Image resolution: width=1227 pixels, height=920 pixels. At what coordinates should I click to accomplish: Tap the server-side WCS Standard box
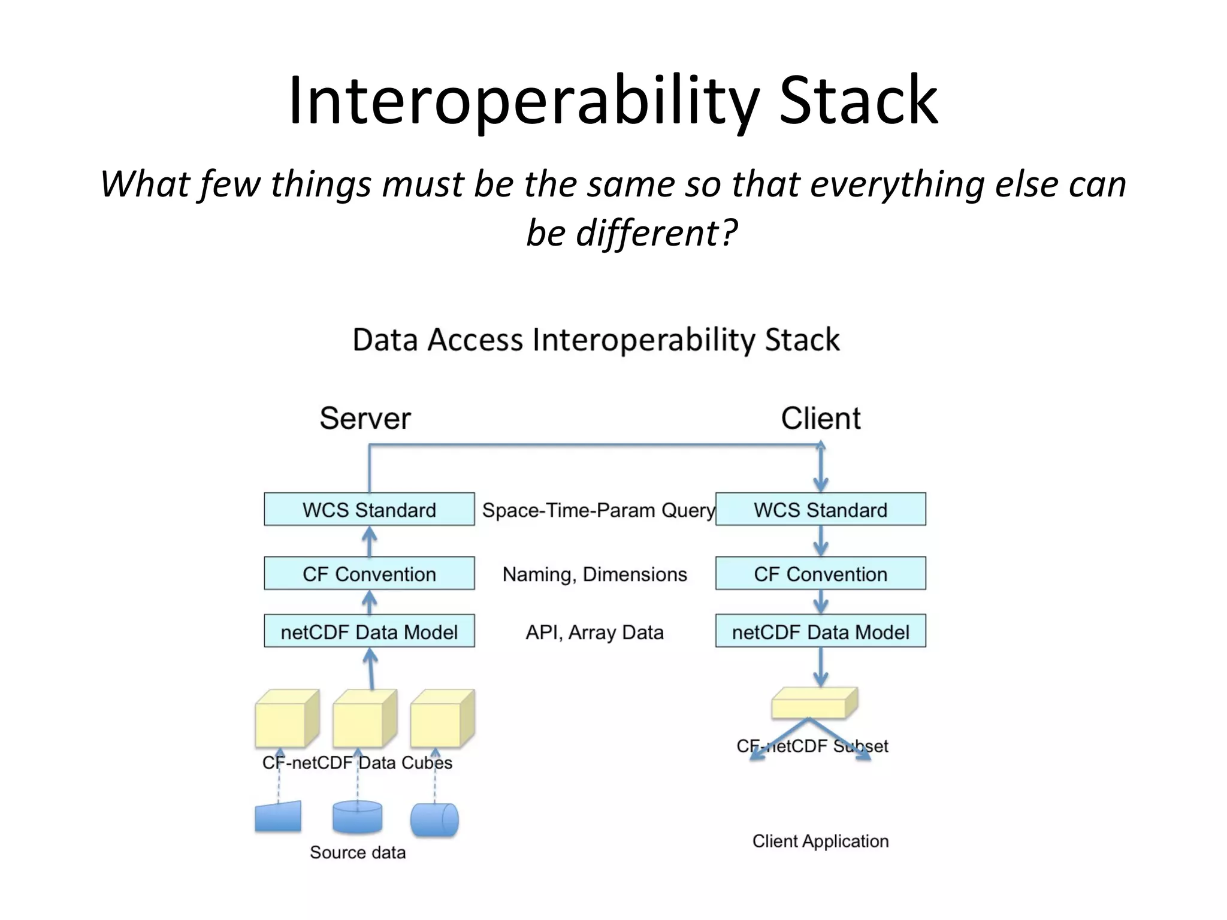(x=369, y=510)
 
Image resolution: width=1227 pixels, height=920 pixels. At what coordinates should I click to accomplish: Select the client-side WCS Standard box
(x=820, y=510)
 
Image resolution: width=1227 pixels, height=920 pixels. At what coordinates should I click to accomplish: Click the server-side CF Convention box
(x=369, y=574)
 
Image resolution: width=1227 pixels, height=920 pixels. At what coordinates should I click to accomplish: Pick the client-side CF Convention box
(x=820, y=574)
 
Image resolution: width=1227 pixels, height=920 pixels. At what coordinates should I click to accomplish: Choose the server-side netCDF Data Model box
(x=369, y=631)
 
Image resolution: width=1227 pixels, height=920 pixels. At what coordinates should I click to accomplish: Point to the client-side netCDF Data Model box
(x=820, y=631)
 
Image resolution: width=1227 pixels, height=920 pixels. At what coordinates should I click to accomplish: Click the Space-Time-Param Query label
(x=598, y=510)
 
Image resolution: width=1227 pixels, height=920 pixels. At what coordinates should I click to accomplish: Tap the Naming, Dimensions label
(x=594, y=574)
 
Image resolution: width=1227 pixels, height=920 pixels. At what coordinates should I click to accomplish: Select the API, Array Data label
(x=594, y=632)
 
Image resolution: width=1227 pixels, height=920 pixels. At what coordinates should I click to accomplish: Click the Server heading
(x=365, y=418)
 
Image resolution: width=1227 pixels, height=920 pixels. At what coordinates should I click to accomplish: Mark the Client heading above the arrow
(x=820, y=418)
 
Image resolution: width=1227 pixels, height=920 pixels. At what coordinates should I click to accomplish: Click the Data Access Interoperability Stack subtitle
(x=596, y=340)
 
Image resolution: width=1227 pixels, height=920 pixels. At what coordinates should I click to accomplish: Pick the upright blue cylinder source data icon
(x=357, y=818)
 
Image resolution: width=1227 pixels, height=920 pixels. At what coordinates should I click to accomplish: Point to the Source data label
(x=358, y=852)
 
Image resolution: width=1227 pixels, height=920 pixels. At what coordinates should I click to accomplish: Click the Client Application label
(x=820, y=841)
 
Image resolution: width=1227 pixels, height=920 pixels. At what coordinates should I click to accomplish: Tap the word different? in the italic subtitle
(x=656, y=232)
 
